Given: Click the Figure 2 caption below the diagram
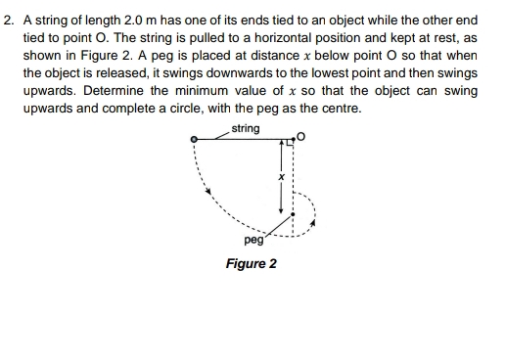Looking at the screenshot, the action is coord(251,264).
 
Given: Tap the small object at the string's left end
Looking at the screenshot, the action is coord(195,141).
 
